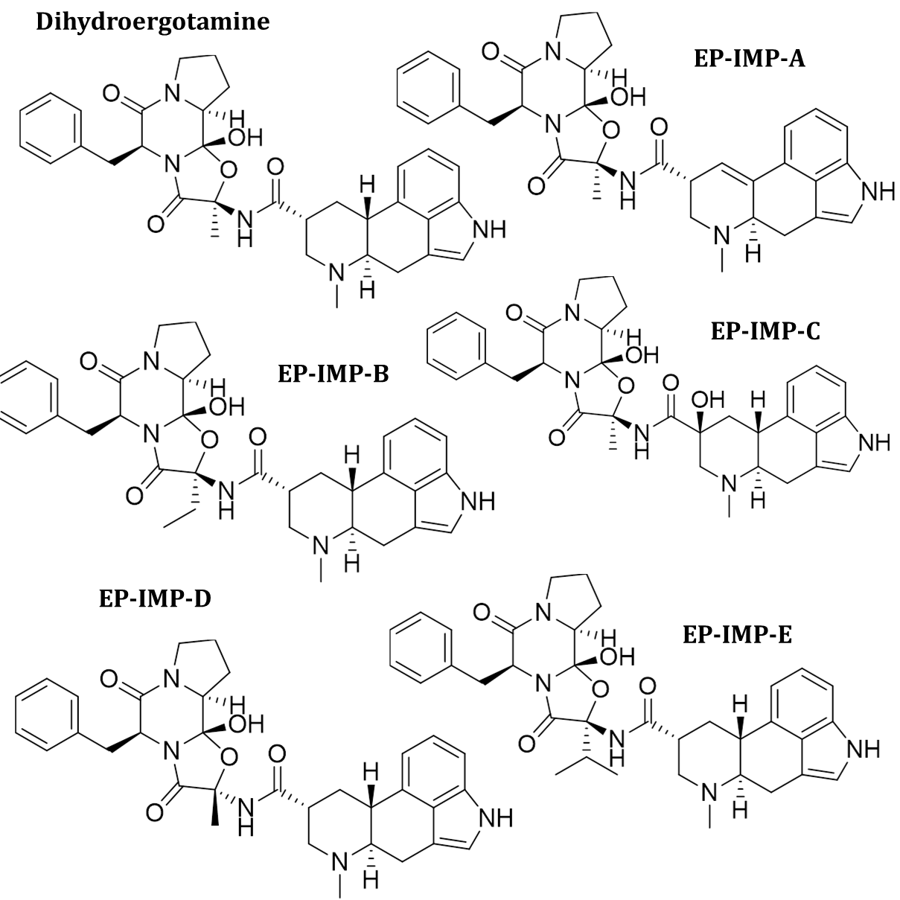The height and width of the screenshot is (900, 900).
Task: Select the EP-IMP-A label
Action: click(749, 59)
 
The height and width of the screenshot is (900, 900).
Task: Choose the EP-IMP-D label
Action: click(155, 599)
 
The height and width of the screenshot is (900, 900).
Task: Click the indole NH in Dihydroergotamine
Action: click(488, 230)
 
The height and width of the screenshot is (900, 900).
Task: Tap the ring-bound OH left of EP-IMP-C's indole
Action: click(708, 400)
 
